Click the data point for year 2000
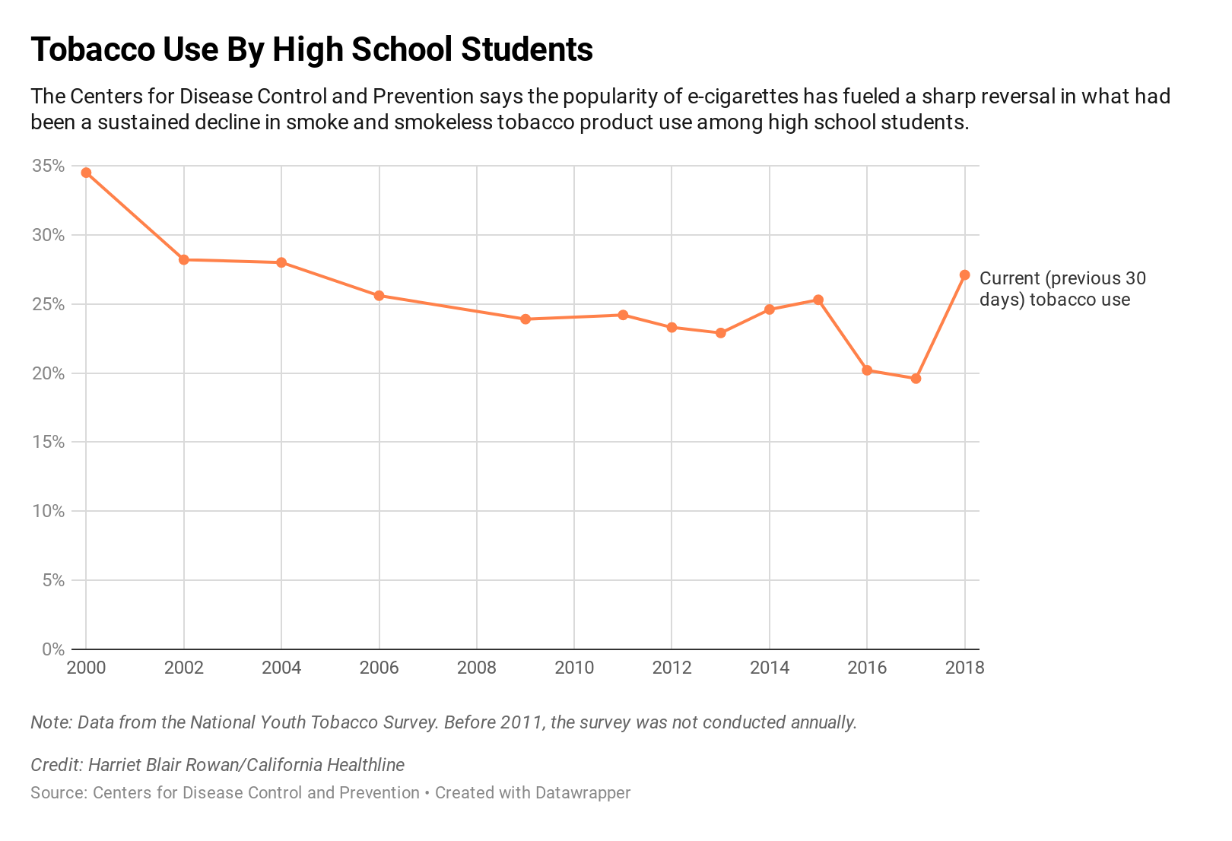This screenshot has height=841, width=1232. coord(86,173)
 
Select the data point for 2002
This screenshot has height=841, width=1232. coord(184,259)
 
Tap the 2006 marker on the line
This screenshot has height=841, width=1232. coord(379,295)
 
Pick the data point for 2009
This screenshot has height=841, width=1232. coord(526,319)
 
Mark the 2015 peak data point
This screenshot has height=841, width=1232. coord(818,300)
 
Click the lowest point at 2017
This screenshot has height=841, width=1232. coord(916,378)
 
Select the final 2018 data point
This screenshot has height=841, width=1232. coord(964,275)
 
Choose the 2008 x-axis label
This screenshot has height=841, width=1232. coord(477,668)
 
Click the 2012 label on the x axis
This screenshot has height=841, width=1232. coord(672,668)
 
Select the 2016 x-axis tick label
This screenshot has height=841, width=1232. coord(867,668)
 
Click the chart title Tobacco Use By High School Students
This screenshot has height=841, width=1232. coord(312,50)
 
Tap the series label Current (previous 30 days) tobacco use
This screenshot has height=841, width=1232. coord(1062,289)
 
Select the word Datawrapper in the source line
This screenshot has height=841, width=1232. coord(583,793)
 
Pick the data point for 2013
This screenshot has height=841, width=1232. coord(721,332)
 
